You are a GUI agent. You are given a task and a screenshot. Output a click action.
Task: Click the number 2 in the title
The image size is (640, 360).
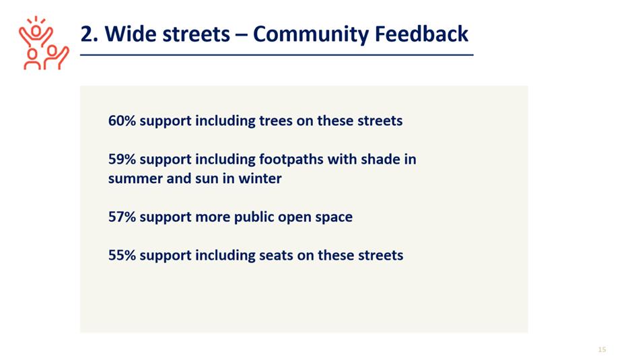click(x=87, y=34)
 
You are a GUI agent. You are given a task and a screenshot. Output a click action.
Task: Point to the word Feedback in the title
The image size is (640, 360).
click(x=421, y=34)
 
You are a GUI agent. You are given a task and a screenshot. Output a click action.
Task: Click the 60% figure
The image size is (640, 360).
click(x=122, y=121)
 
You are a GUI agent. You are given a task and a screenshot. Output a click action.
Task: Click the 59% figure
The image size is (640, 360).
click(x=122, y=159)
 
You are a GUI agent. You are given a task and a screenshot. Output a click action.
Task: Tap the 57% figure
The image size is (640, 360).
click(x=122, y=217)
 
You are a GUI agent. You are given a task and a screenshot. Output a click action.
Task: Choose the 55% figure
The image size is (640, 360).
click(x=122, y=255)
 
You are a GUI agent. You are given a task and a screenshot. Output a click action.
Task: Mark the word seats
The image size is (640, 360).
click(x=277, y=256)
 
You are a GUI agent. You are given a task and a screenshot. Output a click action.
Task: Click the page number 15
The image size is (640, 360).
click(x=602, y=349)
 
